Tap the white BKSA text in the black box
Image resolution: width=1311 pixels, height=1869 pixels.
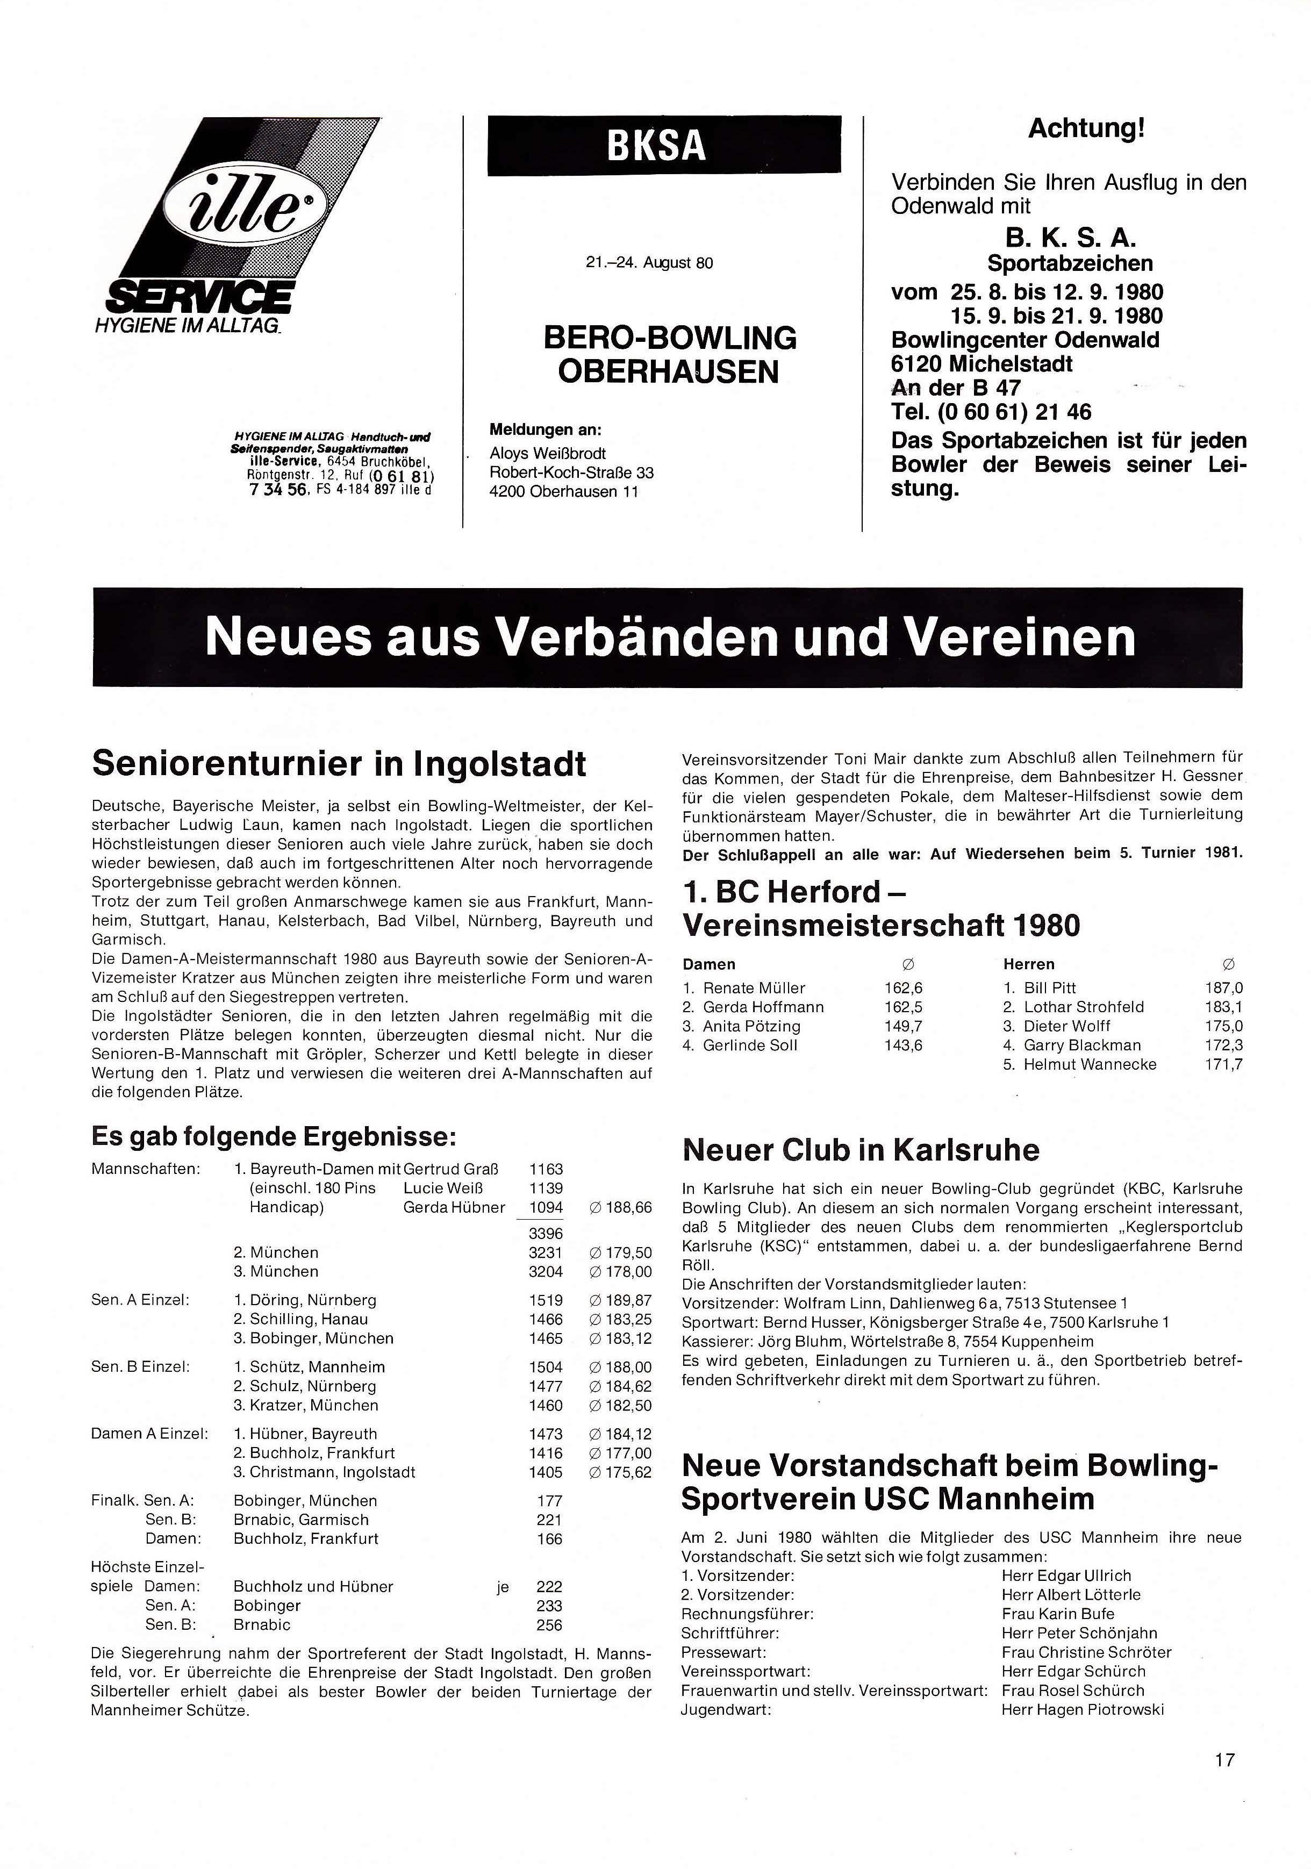coord(655,145)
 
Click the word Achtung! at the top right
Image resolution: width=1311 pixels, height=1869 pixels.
coord(1086,128)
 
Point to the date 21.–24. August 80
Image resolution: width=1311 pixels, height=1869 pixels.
coord(649,263)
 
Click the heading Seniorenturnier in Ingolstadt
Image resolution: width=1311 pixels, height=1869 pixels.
coord(339,763)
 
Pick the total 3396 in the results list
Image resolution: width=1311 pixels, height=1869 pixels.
coord(545,1233)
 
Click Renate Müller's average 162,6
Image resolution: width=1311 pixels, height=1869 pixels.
coord(904,987)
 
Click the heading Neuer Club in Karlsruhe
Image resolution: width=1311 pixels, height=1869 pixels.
coord(860,1150)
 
